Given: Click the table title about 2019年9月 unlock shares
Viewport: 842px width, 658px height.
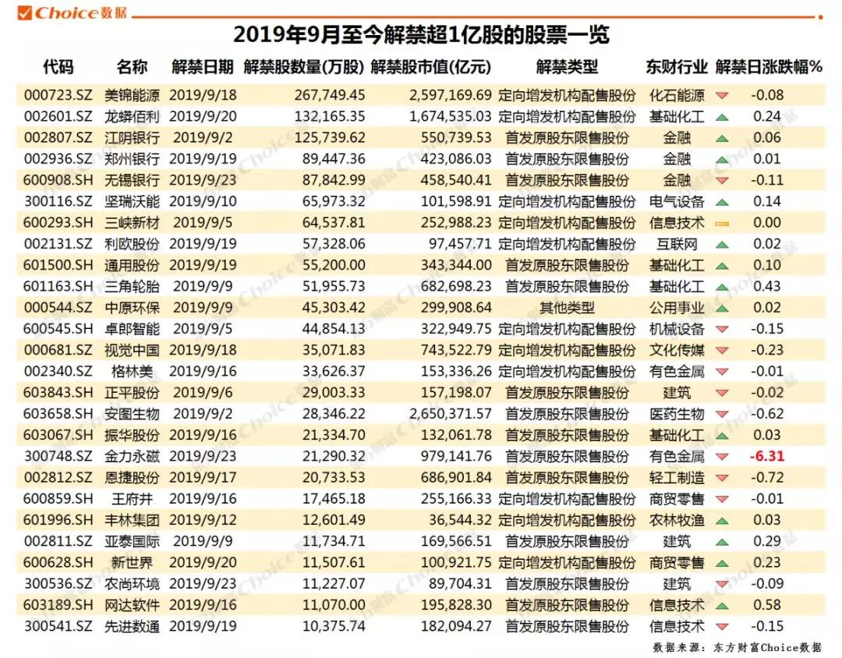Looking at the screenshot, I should click(x=421, y=35).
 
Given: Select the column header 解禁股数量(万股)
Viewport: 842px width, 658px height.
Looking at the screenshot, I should click(x=304, y=67).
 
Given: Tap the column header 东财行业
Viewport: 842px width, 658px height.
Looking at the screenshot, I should click(x=676, y=67).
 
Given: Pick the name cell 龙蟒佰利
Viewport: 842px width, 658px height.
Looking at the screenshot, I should click(x=132, y=117).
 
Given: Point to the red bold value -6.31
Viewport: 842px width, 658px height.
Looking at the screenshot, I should click(x=769, y=456).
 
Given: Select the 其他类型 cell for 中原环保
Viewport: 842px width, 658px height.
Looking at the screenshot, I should click(x=567, y=308).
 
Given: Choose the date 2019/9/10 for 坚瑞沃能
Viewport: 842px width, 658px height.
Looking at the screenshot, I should click(x=202, y=202).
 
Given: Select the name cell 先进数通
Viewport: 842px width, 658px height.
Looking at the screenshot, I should click(x=132, y=626).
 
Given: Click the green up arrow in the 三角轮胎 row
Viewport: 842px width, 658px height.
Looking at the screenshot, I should click(x=722, y=287).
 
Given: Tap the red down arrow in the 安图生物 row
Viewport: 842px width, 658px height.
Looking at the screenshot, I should click(x=722, y=414).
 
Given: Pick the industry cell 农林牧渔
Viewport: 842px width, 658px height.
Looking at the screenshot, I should click(x=676, y=520).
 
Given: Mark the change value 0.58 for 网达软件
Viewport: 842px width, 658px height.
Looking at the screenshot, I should click(x=769, y=605).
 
